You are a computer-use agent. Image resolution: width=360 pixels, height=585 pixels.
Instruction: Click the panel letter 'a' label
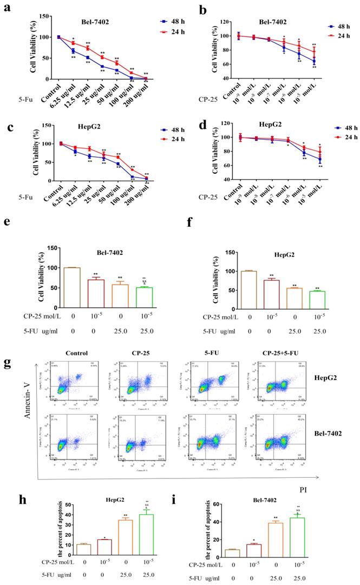(8, 8)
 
